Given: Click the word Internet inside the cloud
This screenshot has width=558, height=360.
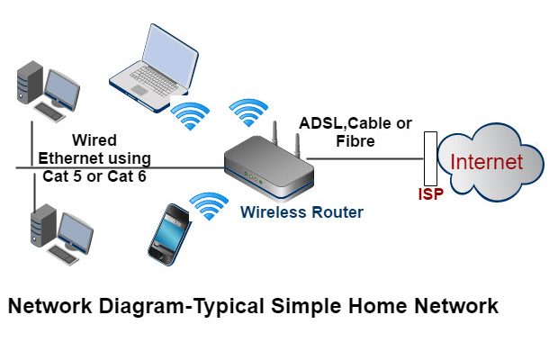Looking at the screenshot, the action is coord(487,161).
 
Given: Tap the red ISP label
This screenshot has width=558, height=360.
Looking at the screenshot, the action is coord(431,193).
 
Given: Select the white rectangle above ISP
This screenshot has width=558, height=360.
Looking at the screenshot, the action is coord(430,158).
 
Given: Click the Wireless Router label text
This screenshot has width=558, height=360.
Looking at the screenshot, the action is coord(301,212).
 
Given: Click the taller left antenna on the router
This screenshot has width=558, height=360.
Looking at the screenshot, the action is coord(274,133).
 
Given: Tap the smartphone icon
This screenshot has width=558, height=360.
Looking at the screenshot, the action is coord(169,235).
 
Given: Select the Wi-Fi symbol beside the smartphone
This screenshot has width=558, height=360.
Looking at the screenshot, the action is coord(209,205).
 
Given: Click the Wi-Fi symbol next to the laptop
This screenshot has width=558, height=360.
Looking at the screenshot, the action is coord(190,116).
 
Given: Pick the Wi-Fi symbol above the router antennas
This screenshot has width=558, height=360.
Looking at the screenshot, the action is coord(248,112).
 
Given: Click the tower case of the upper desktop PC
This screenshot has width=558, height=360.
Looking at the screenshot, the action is coord(30,82).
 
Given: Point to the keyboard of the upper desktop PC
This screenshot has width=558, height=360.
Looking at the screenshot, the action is coord(49,112).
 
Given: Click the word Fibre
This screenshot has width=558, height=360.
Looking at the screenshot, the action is coord(355,141).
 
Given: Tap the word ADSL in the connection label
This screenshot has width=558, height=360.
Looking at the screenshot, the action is coord(320,123).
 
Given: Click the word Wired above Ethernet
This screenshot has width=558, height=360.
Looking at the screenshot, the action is coord(94,139).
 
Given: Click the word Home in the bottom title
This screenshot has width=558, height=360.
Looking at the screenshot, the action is coord(378,306).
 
